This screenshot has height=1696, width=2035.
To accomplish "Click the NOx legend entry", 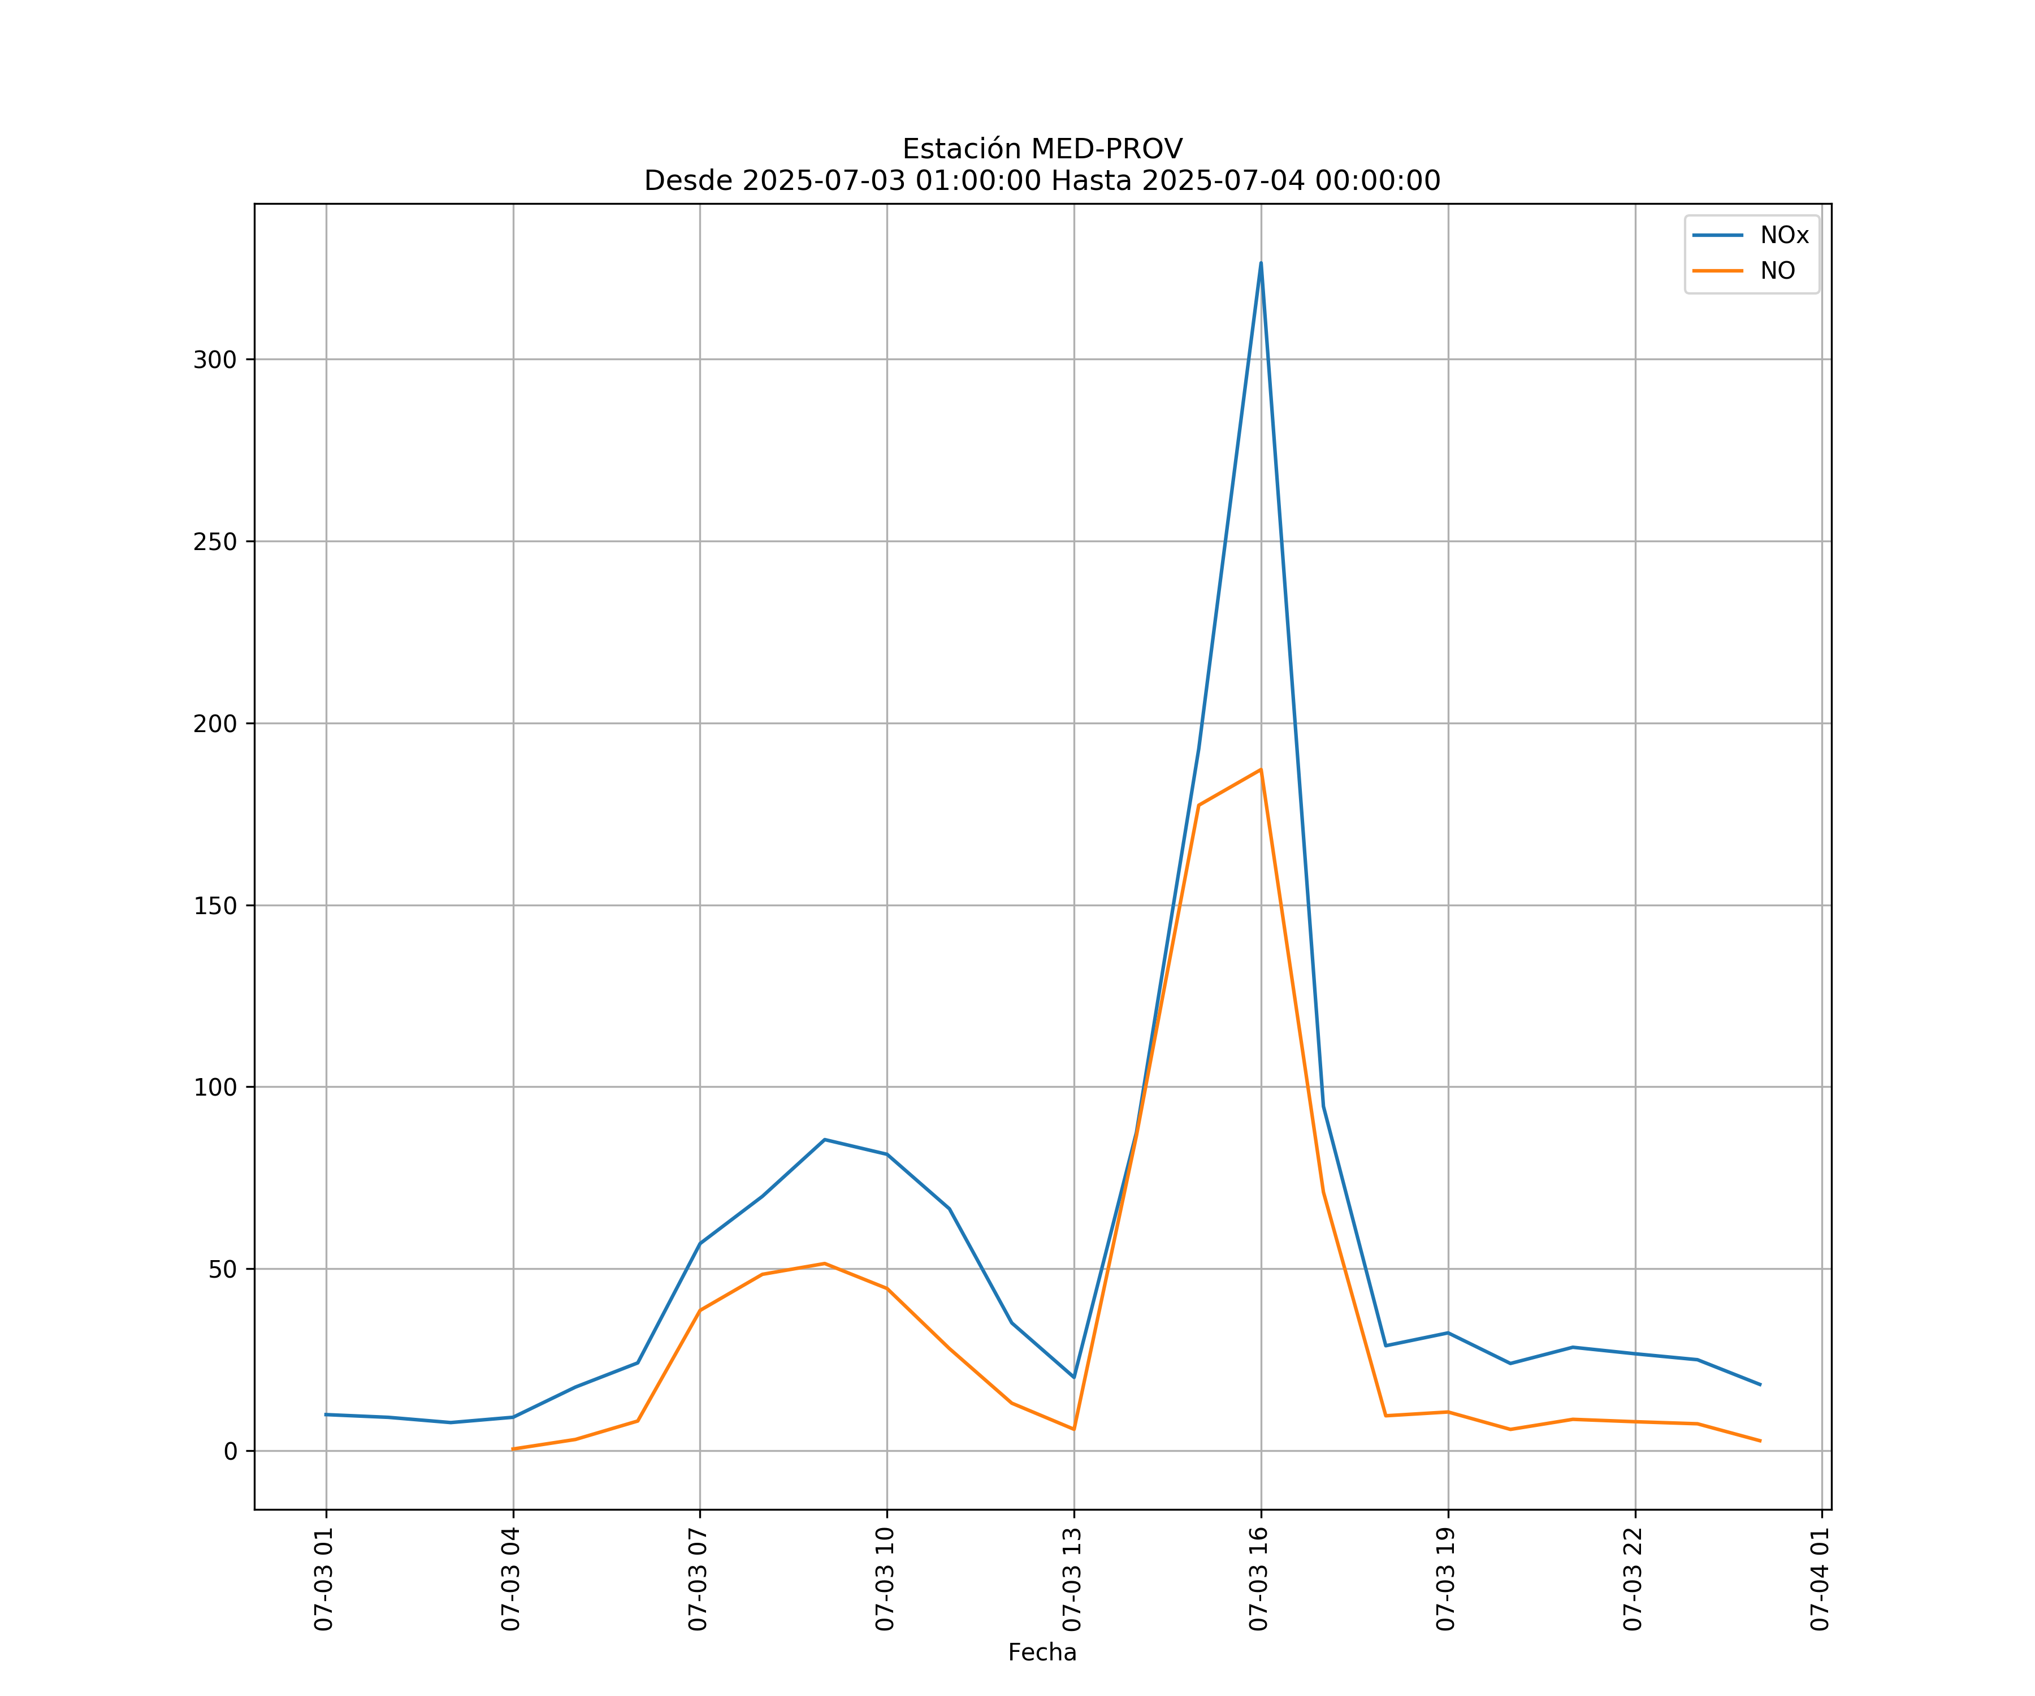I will (1783, 236).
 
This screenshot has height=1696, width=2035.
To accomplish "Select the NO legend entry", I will (1777, 271).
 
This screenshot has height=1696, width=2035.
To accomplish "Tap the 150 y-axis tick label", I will (215, 906).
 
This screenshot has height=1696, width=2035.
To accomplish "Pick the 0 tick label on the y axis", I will (231, 1452).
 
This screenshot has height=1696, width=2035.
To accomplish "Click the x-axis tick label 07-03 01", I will (324, 1579).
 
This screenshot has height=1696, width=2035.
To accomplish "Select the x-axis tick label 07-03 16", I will (1259, 1579).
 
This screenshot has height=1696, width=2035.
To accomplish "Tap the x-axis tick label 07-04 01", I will (1820, 1579).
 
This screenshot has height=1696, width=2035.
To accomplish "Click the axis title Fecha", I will (1042, 1652).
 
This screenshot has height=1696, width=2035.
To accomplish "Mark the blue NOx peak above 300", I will (1261, 263).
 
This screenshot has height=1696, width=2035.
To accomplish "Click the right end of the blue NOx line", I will (1760, 1385).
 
